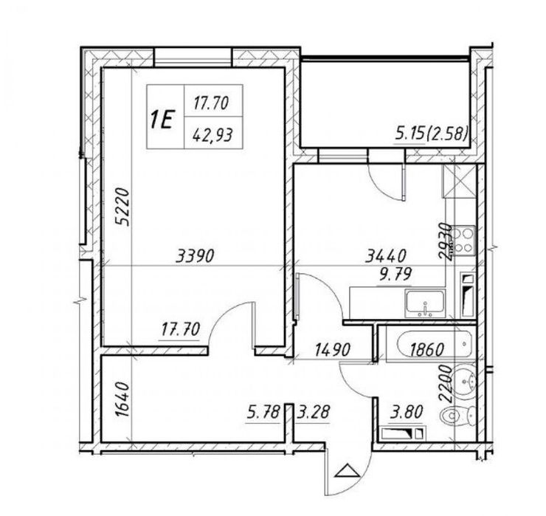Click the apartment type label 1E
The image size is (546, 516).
(x=162, y=120)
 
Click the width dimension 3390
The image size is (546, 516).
(x=195, y=257)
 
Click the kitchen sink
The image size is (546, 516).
(x=424, y=302)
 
